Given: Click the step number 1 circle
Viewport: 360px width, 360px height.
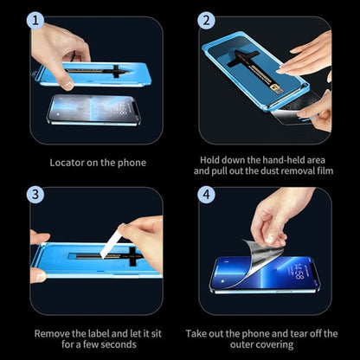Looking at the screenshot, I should click(35, 19).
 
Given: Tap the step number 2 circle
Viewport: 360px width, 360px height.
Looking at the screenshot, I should click(205, 19).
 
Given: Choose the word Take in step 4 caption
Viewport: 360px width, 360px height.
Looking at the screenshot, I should click(197, 332).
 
